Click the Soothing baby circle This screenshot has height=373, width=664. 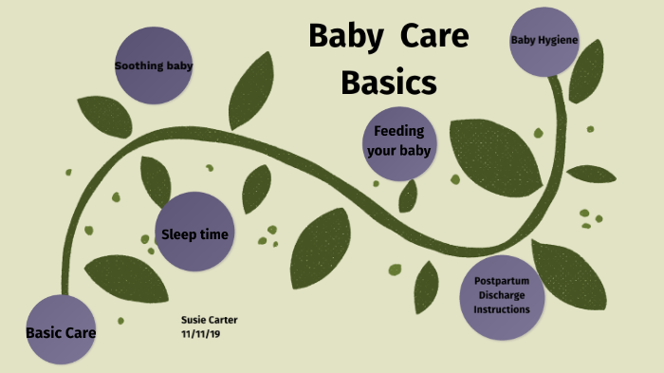coord(154,65)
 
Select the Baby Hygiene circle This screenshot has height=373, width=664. coord(544,41)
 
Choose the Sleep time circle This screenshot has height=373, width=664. coord(194,233)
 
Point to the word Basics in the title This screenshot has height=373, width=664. coord(389,83)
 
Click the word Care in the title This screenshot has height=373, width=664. coord(433,37)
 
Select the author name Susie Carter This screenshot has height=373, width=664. coord(208,321)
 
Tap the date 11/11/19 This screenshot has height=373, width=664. coord(200,334)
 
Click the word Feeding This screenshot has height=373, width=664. coord(399,132)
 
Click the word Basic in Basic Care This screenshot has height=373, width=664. coord(44,333)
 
